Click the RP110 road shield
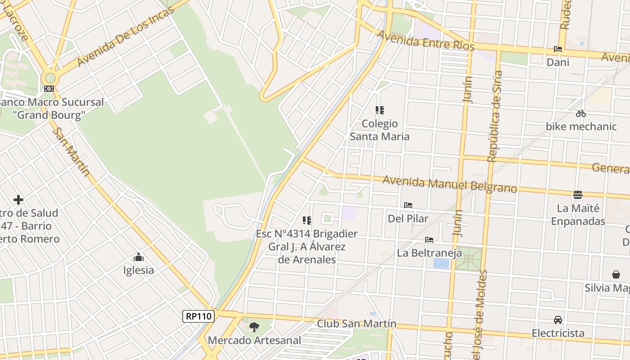(x=198, y=316)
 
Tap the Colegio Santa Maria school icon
(x=379, y=110)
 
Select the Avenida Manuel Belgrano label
(x=450, y=184)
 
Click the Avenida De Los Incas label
(x=126, y=37)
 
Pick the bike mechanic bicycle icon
(x=581, y=113)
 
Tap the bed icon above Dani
(x=558, y=49)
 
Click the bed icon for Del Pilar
(x=408, y=205)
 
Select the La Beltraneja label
(x=429, y=253)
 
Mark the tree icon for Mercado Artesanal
(x=254, y=326)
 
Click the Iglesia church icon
(x=139, y=257)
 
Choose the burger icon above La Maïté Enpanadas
(x=578, y=195)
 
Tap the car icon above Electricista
(x=558, y=320)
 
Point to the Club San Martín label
(x=356, y=324)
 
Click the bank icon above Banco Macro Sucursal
(x=49, y=89)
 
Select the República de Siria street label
(x=495, y=116)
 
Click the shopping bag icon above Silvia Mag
(x=616, y=274)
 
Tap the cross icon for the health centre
(x=18, y=199)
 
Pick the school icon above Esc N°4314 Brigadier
(x=307, y=220)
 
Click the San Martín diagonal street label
(x=72, y=152)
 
